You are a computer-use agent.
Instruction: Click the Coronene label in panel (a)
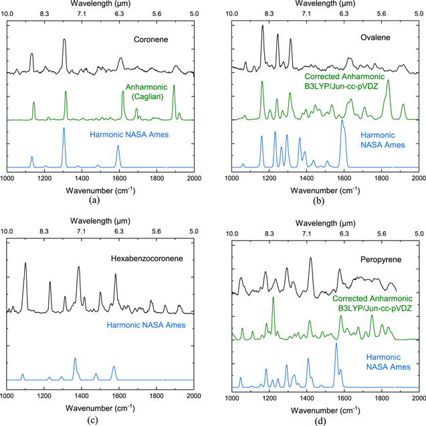click(x=150, y=40)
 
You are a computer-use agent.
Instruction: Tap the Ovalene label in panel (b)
click(x=375, y=38)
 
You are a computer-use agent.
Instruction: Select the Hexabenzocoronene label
click(x=146, y=259)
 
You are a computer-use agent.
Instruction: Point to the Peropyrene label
click(x=381, y=260)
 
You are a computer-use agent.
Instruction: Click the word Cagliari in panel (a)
click(x=148, y=96)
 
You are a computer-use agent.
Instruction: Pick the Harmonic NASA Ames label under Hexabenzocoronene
click(x=146, y=325)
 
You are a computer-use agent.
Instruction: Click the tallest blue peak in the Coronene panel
click(x=64, y=128)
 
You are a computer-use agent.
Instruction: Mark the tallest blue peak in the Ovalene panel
click(x=342, y=120)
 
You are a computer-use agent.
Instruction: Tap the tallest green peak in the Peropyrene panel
click(x=273, y=297)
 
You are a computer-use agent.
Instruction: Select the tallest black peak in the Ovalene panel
click(x=262, y=25)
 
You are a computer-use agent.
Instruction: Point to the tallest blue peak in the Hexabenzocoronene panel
click(x=75, y=359)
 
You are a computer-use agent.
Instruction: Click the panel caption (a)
click(x=94, y=200)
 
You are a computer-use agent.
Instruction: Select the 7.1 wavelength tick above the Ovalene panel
click(x=306, y=13)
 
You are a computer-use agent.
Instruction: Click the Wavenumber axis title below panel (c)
click(x=100, y=408)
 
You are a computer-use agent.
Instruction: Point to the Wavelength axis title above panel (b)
click(x=325, y=3)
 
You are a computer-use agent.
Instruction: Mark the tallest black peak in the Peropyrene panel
click(x=310, y=258)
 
